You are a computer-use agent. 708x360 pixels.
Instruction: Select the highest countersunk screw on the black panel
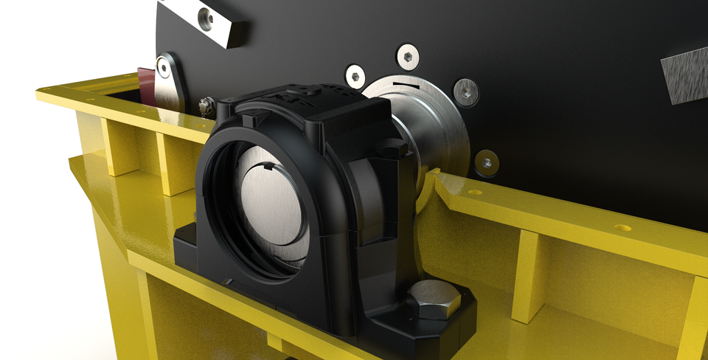(x=407, y=55)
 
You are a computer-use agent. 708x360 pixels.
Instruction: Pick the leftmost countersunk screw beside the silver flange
(x=355, y=75)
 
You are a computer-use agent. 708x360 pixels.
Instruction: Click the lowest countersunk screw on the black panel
(x=485, y=162)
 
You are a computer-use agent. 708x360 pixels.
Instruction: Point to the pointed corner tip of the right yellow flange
(x=437, y=172)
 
